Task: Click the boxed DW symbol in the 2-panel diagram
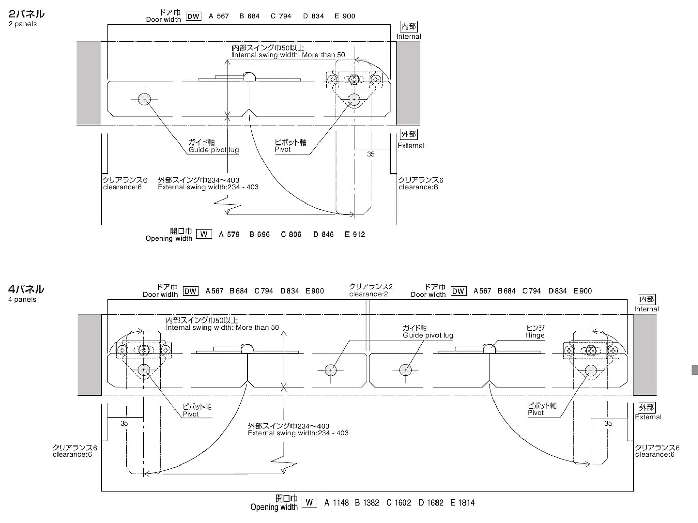point(193,16)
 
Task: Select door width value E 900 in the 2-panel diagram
point(345,16)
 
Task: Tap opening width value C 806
point(291,235)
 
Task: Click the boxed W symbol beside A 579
point(204,235)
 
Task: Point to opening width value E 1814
point(462,503)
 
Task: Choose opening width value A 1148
point(336,503)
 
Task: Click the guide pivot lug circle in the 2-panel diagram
point(144,99)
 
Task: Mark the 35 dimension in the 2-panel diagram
point(371,154)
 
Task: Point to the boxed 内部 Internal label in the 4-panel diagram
point(647,303)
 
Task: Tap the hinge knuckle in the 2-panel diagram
point(249,77)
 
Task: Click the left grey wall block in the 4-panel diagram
point(90,355)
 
